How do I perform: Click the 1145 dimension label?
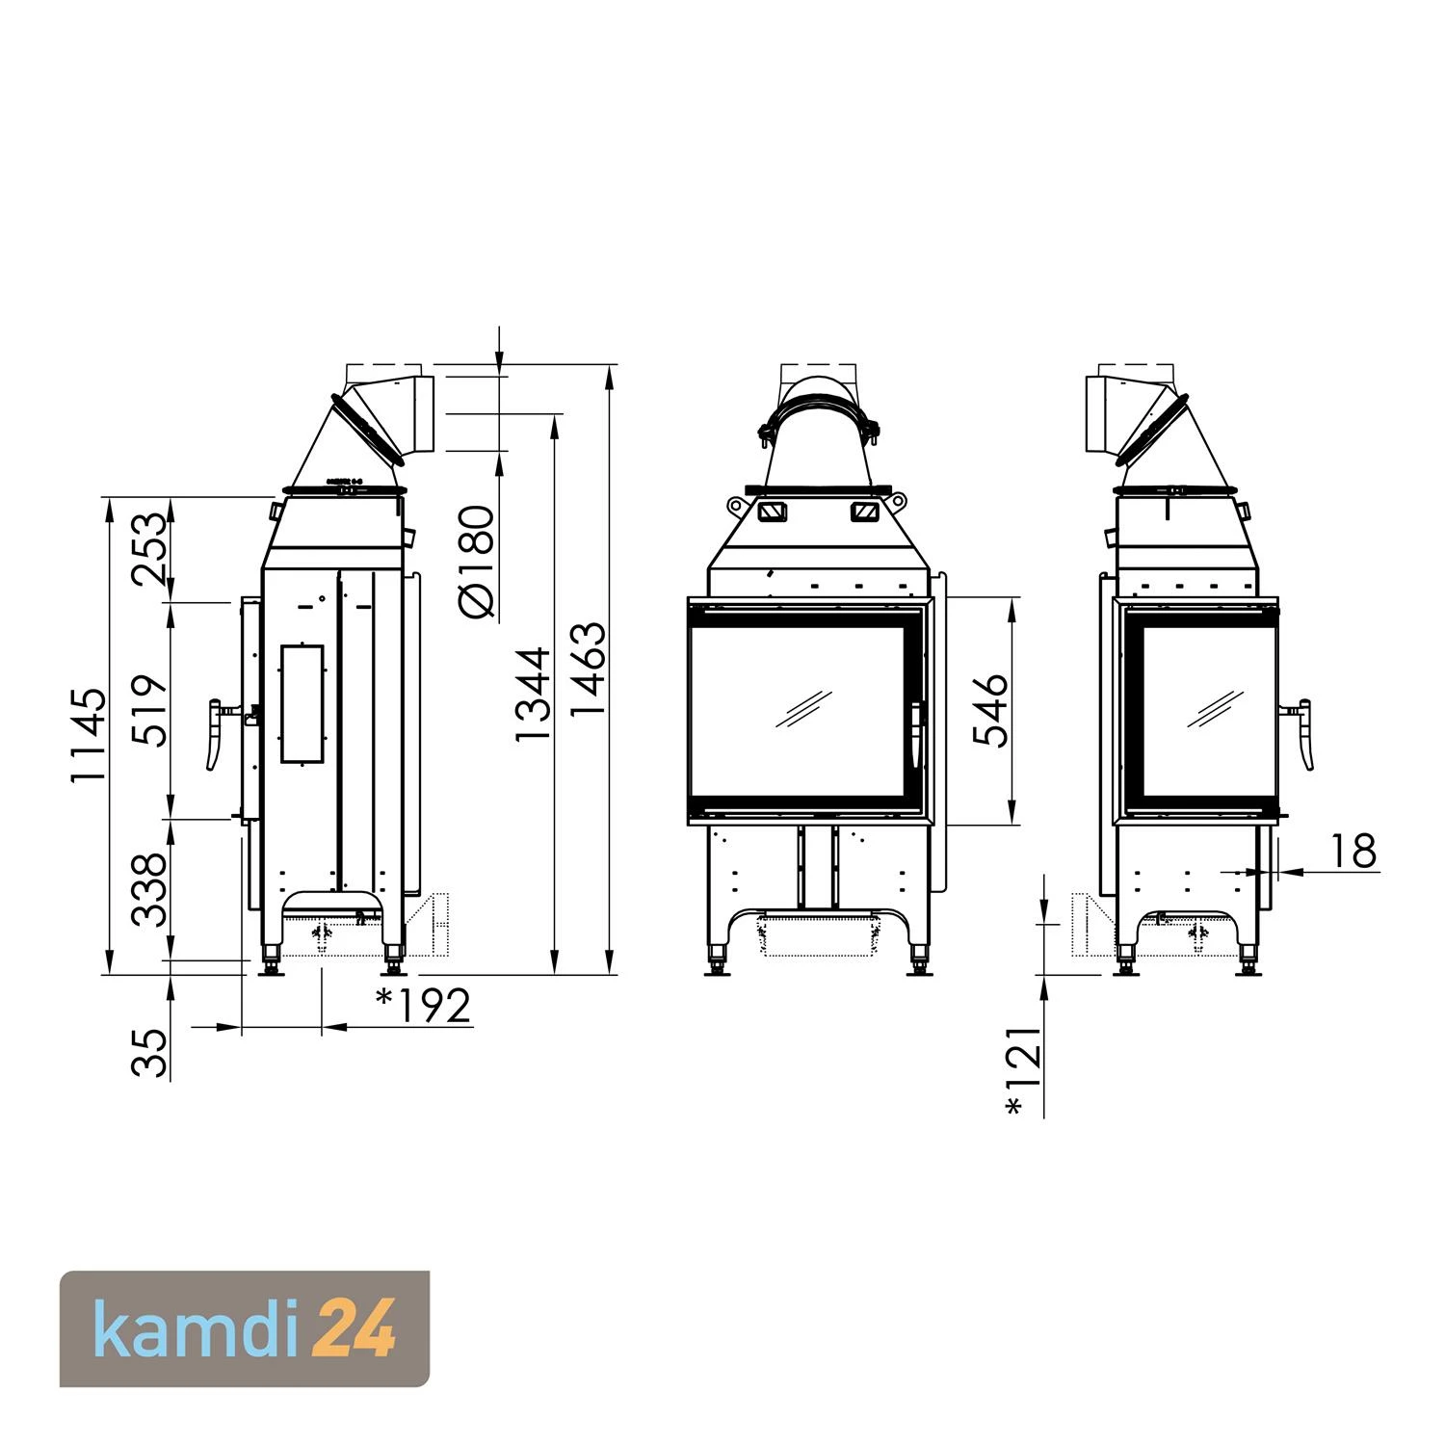click(x=88, y=735)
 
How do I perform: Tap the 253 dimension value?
click(x=149, y=550)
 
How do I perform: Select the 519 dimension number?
click(x=149, y=711)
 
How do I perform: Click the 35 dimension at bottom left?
click(x=149, y=1052)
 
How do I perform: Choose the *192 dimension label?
click(x=423, y=1006)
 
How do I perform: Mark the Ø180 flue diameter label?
click(x=477, y=561)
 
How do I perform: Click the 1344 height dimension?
click(x=532, y=694)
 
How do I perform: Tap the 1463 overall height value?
click(x=588, y=670)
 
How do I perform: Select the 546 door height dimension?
click(x=989, y=711)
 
